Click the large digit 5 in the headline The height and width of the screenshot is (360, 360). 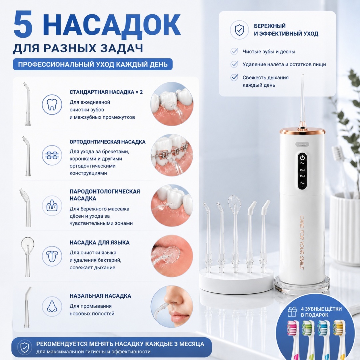[x=23, y=25]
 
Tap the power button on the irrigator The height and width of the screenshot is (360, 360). [x=302, y=158]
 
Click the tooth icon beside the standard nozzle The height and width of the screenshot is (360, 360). [x=52, y=104]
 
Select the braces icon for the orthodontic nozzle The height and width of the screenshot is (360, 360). [x=52, y=155]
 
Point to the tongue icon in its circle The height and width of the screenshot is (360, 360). [x=52, y=256]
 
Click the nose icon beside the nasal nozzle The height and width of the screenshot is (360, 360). [x=52, y=306]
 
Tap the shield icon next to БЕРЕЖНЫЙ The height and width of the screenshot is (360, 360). [x=239, y=30]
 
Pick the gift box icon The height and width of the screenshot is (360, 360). [x=292, y=312]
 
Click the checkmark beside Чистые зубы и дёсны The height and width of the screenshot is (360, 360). [x=234, y=51]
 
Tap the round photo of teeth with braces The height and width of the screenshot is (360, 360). [x=172, y=155]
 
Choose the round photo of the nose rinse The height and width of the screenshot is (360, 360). [x=172, y=306]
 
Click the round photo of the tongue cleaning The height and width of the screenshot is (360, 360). [x=172, y=256]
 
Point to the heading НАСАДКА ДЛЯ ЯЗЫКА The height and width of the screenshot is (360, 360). [x=100, y=242]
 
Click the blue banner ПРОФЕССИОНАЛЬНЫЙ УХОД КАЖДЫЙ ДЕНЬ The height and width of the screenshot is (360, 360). [x=93, y=64]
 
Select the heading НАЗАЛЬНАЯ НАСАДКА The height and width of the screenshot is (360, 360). [x=100, y=296]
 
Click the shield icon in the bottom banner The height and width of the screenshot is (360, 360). [x=25, y=348]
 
